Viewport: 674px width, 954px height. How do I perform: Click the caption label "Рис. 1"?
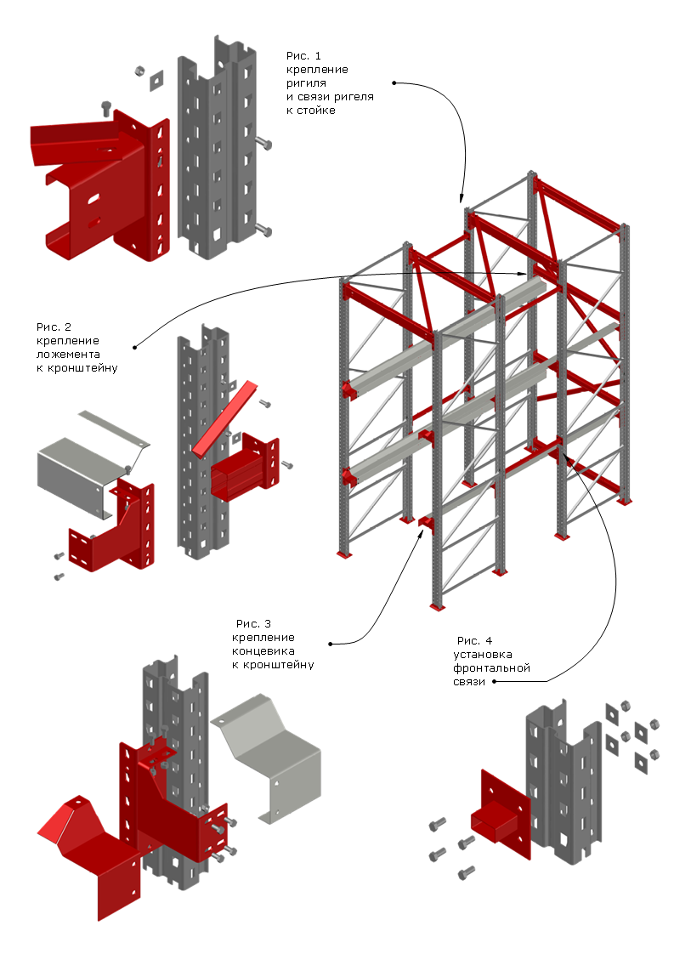[303, 56]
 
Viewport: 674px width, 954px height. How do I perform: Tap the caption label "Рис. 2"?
[54, 327]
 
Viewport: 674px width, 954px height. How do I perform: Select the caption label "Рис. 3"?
[253, 623]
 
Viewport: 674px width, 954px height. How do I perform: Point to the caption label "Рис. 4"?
[474, 640]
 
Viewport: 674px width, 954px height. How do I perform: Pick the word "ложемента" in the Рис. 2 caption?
[68, 354]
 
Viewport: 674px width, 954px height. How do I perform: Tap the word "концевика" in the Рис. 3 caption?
[263, 651]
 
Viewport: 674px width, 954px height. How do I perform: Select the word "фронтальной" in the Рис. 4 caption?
[491, 668]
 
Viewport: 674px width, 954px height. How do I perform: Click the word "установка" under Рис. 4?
[483, 655]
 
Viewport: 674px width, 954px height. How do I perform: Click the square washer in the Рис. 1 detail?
[157, 80]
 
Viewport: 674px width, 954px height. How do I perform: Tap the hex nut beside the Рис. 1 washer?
[139, 71]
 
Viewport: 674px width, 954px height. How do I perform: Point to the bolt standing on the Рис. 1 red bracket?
[106, 108]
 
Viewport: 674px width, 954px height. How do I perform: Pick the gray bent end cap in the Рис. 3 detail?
[268, 758]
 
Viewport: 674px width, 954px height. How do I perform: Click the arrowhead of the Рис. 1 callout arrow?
[462, 198]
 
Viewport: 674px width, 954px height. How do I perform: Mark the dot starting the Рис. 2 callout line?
[134, 348]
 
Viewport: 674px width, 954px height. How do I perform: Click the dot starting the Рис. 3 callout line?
[331, 644]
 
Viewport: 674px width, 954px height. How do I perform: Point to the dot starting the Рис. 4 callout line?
[494, 681]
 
